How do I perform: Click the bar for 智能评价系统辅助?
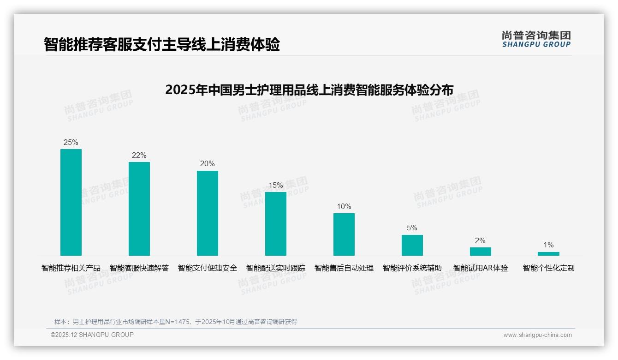pos(412,245)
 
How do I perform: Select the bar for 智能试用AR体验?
pos(481,251)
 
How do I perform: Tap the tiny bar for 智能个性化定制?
pos(548,253)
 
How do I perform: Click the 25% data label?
pos(71,142)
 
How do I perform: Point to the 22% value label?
pos(139,155)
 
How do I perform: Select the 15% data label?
pos(276,185)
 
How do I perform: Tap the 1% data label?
pos(548,245)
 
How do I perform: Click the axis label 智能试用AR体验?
pos(481,268)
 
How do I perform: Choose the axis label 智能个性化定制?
pos(548,268)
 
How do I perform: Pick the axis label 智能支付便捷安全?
pos(208,268)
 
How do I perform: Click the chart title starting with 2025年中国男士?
pos(309,90)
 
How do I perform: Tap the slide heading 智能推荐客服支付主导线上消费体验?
pos(162,44)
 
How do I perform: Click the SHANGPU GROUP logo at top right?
pos(536,39)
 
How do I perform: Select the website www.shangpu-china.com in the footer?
pos(537,335)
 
